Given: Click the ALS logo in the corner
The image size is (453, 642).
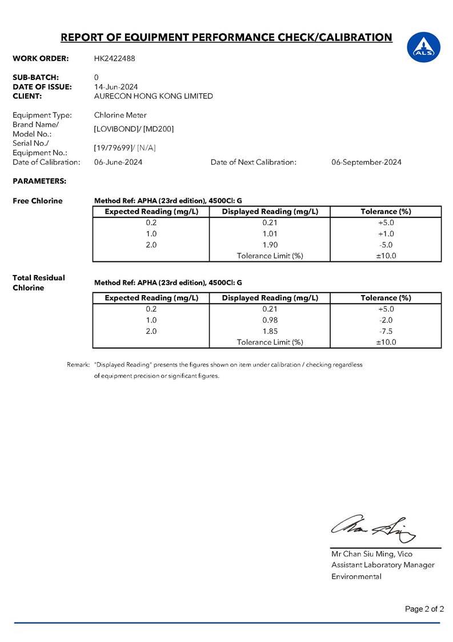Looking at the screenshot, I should (x=424, y=46).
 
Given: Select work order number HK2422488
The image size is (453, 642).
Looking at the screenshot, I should (x=115, y=58).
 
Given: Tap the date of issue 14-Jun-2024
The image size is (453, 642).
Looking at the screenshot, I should (x=116, y=87).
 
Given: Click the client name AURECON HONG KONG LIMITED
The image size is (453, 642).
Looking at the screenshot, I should (x=154, y=96).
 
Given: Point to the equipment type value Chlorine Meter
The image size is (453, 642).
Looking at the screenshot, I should (x=121, y=115).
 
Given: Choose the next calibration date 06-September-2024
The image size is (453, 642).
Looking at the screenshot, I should (x=366, y=162).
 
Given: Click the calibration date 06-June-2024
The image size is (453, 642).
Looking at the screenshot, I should (x=118, y=162).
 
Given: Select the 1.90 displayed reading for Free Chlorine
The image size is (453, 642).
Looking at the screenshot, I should (x=270, y=245).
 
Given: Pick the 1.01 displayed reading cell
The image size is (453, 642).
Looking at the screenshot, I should (x=270, y=234).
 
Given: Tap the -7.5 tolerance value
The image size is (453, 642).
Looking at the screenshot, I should (x=386, y=331).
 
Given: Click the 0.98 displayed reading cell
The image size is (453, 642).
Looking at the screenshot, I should (x=270, y=320).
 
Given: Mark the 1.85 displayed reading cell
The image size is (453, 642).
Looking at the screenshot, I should (x=270, y=331).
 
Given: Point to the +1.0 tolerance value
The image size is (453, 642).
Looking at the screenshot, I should (x=386, y=234).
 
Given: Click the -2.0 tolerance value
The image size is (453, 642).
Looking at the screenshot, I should (x=386, y=320).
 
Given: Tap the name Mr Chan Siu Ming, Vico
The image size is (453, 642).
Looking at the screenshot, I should (x=372, y=554).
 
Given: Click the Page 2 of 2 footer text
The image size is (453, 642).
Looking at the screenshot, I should (x=424, y=609).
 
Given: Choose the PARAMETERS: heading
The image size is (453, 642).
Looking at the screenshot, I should (x=39, y=181).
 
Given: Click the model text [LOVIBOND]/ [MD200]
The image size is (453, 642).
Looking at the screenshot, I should (x=134, y=129).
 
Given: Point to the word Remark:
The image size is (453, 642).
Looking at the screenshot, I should (x=78, y=364).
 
